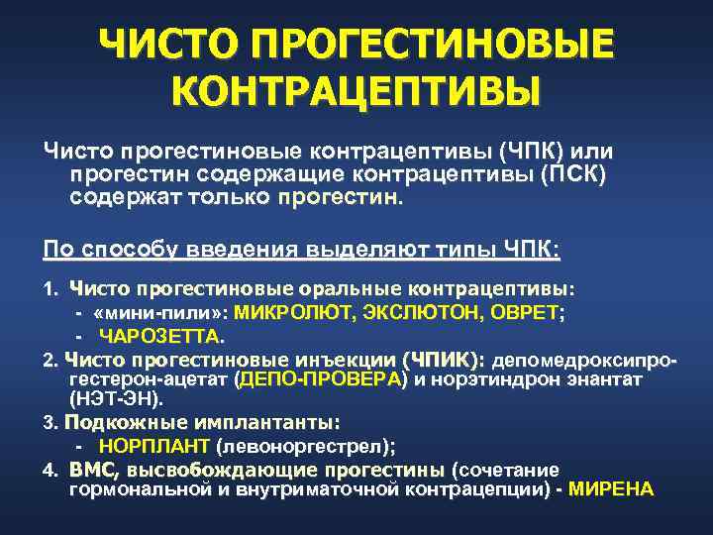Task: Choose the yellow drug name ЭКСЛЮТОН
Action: click(406, 311)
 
